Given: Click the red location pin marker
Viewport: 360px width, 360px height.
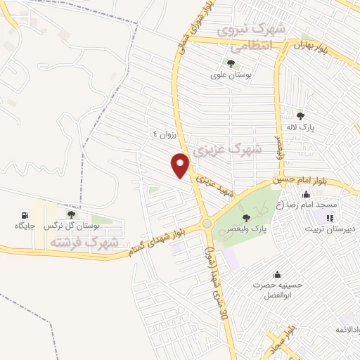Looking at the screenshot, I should [x=181, y=165].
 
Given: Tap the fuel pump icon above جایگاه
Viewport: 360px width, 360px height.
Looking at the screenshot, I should [x=25, y=214].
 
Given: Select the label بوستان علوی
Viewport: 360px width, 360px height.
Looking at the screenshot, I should [x=230, y=73].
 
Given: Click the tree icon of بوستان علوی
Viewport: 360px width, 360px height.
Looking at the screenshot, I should [x=230, y=63].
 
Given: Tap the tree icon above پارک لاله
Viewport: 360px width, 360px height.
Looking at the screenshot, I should [x=301, y=116].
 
